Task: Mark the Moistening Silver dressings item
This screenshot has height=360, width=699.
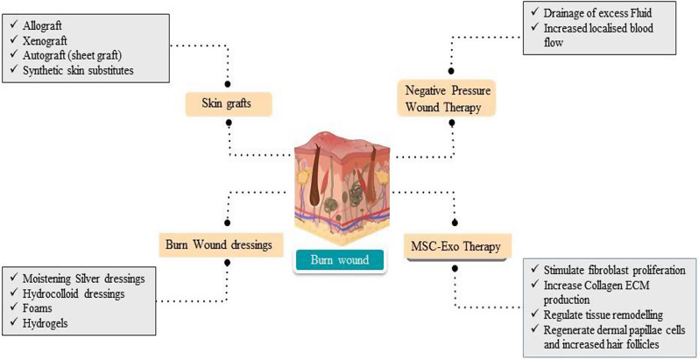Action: [87, 278]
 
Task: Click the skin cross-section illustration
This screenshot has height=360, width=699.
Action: [344, 184]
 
